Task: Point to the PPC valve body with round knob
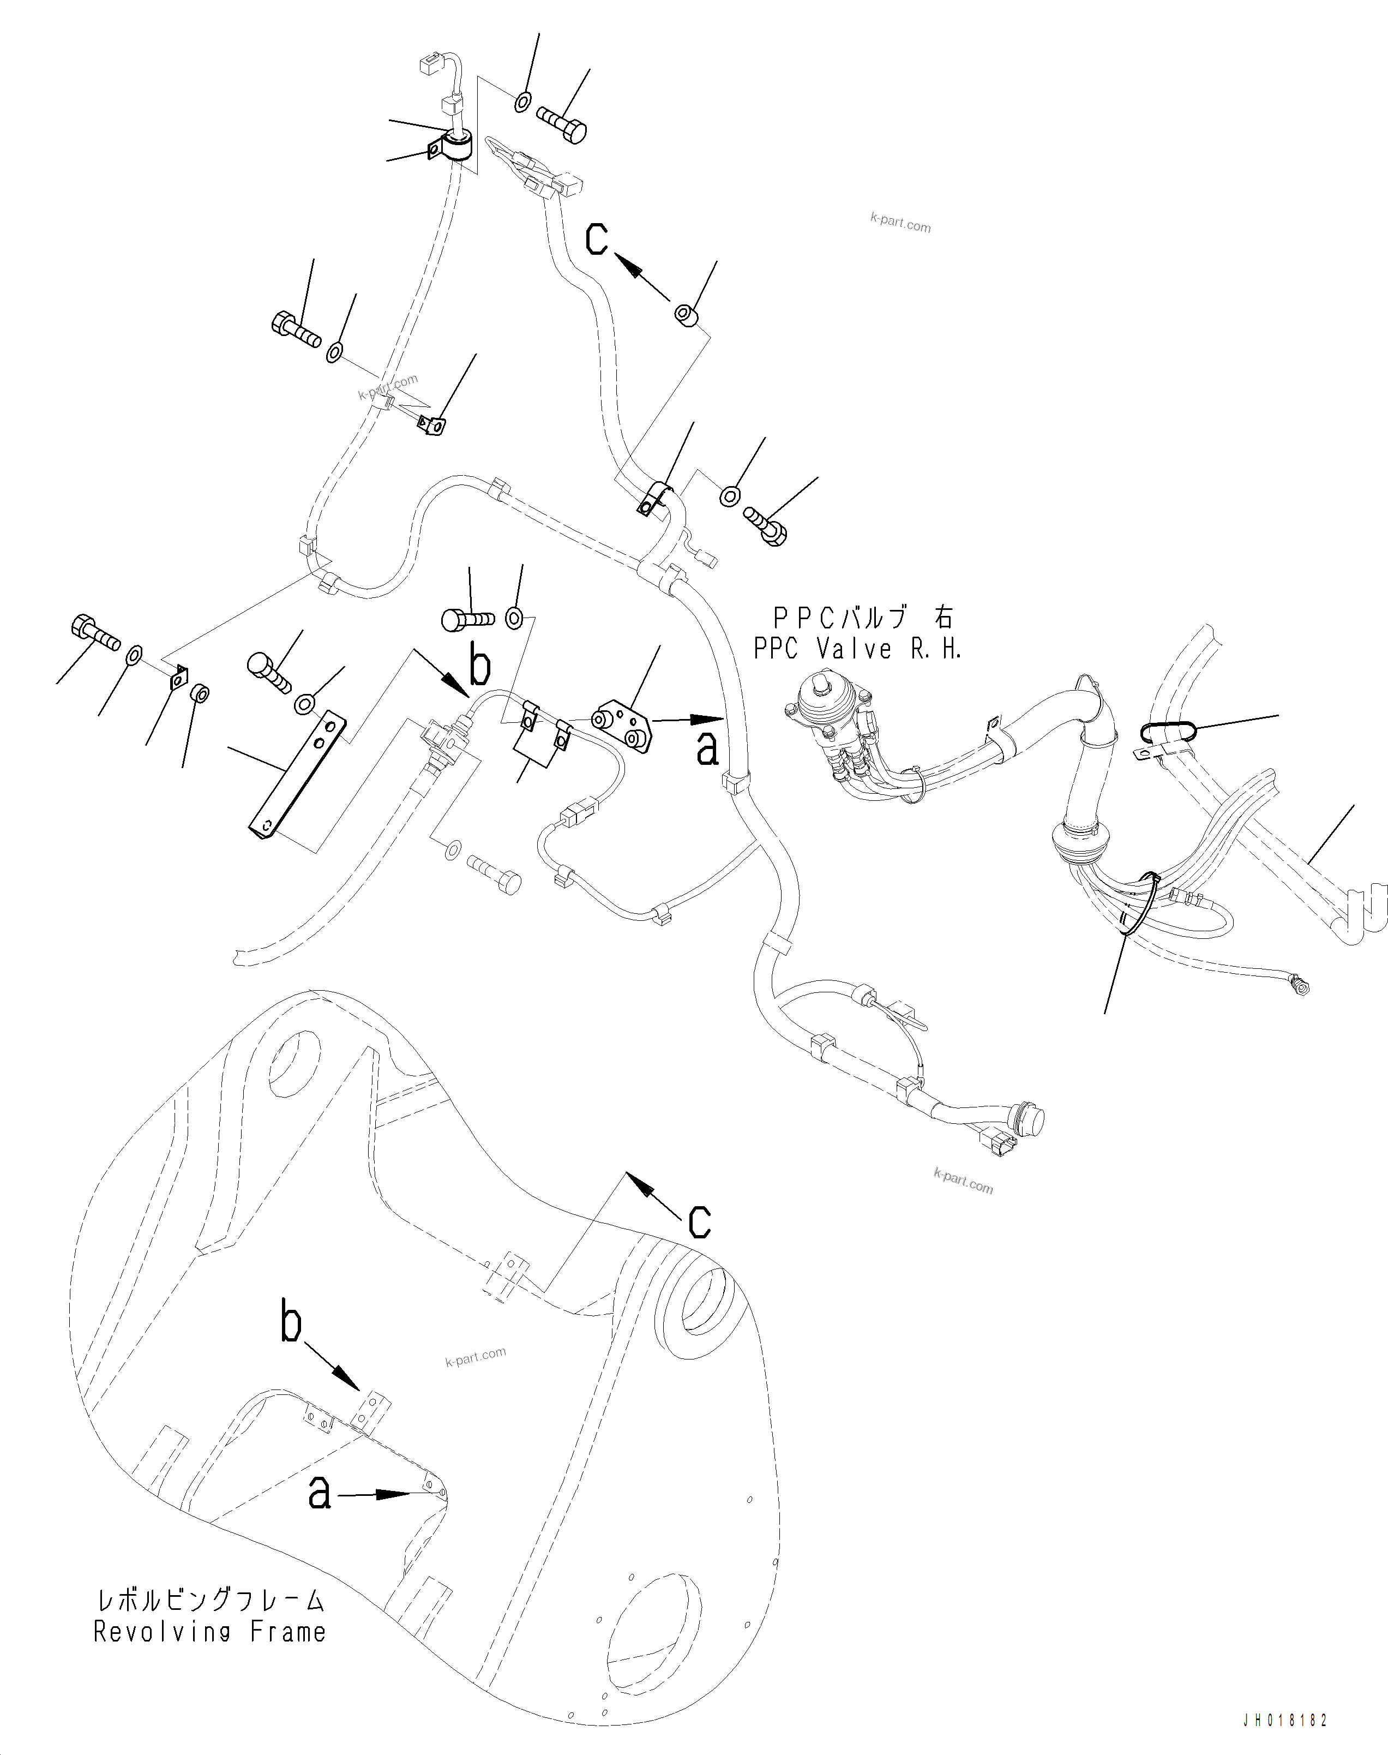click(x=826, y=704)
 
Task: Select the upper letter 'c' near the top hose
click(x=597, y=239)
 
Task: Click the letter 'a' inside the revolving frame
click(x=320, y=1493)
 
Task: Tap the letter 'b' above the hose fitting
click(x=480, y=667)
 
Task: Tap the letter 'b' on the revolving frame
click(x=291, y=1322)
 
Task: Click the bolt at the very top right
click(x=562, y=126)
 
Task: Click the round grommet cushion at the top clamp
click(x=459, y=146)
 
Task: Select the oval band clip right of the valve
click(x=1168, y=731)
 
